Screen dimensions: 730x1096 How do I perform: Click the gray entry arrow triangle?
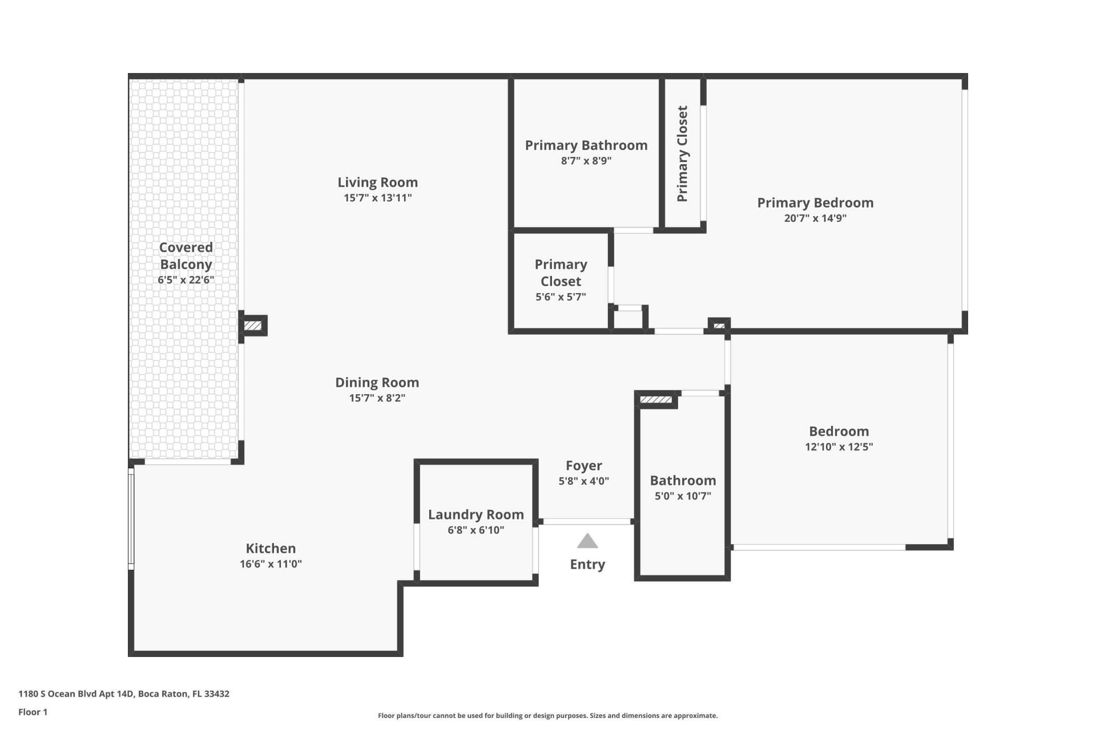pos(587,541)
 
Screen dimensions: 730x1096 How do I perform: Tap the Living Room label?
pos(377,182)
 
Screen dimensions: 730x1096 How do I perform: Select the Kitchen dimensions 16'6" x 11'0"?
pos(271,564)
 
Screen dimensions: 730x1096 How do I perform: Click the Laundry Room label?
pos(476,514)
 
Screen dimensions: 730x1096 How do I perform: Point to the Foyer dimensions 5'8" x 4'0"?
pos(583,481)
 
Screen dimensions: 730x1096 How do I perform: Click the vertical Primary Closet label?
pos(682,153)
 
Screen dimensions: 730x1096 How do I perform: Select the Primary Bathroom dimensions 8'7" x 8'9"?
pos(586,161)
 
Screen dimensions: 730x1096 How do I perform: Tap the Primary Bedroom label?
pos(815,203)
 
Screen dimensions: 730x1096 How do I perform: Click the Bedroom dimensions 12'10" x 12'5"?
pos(839,447)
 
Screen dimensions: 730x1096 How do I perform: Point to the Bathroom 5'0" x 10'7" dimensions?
pos(683,496)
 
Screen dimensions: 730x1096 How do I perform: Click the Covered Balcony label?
pos(186,256)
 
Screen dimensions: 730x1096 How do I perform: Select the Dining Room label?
pos(377,383)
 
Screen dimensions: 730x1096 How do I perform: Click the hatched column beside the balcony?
pos(253,326)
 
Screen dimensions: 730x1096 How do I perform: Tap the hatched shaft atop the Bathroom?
pos(656,400)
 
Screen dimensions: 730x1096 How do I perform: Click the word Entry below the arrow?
pos(587,565)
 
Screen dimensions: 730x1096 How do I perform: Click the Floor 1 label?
pos(33,712)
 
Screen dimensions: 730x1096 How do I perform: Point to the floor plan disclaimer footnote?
pos(547,716)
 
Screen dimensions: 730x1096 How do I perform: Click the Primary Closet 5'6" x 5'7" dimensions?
pos(561,297)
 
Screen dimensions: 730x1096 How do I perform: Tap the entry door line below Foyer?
pos(586,521)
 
